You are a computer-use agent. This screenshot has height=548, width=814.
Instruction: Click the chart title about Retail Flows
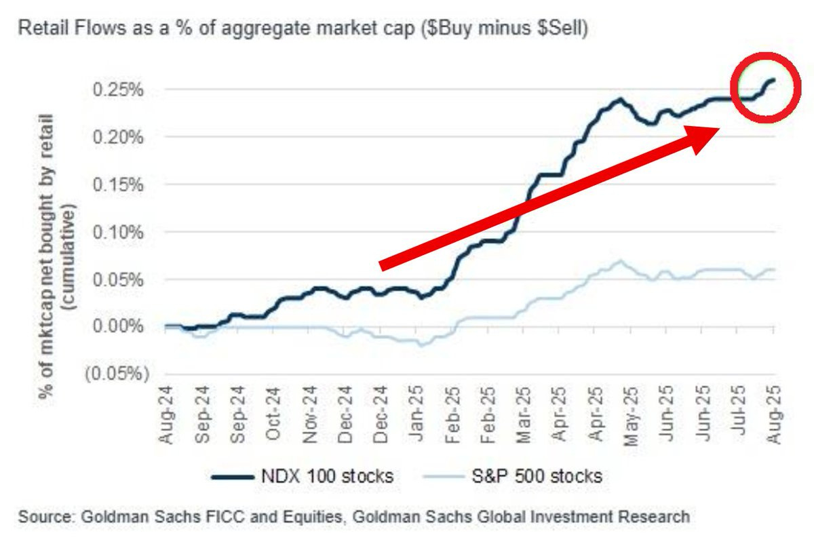[303, 31]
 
